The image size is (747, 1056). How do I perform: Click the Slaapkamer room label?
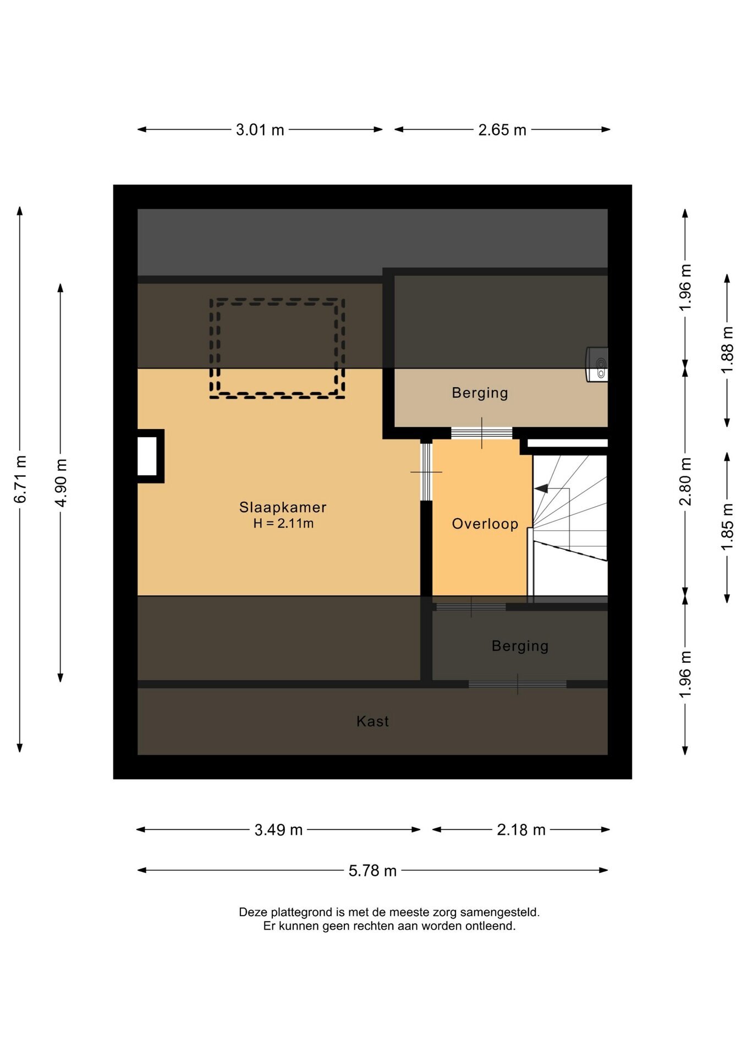(x=283, y=507)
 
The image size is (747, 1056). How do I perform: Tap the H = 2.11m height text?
(x=283, y=524)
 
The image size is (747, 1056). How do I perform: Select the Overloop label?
(x=485, y=524)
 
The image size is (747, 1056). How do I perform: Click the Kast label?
(x=372, y=721)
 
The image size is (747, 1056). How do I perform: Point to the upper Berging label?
(x=480, y=393)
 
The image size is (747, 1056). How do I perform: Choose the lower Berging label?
(x=520, y=646)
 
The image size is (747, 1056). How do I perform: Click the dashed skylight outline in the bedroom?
(x=277, y=395)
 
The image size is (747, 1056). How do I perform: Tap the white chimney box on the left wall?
(x=147, y=456)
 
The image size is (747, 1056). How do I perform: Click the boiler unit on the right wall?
(x=597, y=364)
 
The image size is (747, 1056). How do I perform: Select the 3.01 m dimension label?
(x=260, y=130)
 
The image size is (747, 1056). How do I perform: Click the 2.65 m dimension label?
(x=502, y=130)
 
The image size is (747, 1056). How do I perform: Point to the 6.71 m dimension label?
(x=20, y=479)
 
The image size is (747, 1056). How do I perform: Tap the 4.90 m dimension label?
(x=61, y=483)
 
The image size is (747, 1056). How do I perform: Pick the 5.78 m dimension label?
(x=372, y=871)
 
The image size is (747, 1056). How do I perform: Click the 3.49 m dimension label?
(x=278, y=830)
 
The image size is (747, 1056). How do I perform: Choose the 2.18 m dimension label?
(x=521, y=830)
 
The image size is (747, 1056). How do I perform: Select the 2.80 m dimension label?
(x=685, y=481)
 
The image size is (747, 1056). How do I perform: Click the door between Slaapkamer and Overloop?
(x=426, y=472)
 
